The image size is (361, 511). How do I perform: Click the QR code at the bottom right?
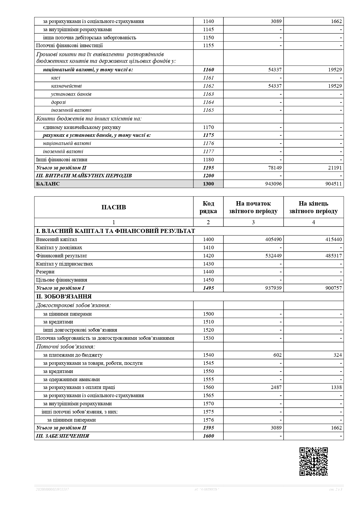(x=313, y=461)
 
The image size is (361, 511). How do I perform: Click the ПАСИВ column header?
(x=114, y=207)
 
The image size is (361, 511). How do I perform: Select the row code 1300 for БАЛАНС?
(x=208, y=184)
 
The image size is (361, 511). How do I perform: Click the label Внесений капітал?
(x=56, y=239)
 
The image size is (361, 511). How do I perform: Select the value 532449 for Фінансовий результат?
(x=273, y=256)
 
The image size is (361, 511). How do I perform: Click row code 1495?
(x=208, y=288)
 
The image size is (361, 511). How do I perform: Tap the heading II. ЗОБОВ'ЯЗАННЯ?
(x=64, y=296)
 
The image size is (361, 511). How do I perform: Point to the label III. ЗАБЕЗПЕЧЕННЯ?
(x=63, y=436)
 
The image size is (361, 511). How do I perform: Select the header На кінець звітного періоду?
(x=313, y=207)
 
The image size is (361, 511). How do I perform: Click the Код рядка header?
(x=208, y=207)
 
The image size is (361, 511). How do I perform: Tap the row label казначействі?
(x=66, y=86)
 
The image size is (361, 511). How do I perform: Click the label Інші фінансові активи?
(x=62, y=160)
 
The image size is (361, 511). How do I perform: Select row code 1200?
(x=208, y=176)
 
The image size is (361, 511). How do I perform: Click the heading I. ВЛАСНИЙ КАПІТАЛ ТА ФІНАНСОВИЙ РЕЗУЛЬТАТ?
(x=115, y=231)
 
